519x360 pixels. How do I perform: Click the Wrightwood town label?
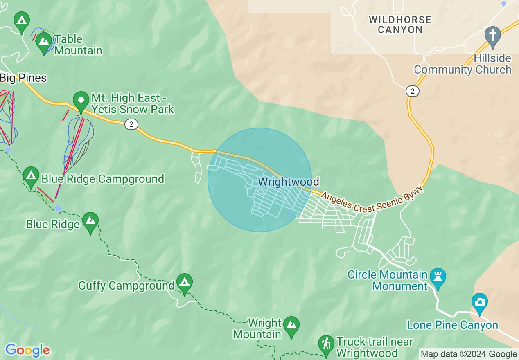click(x=288, y=181)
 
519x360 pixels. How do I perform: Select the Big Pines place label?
click(x=23, y=78)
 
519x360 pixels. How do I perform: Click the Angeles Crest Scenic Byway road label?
click(x=372, y=202)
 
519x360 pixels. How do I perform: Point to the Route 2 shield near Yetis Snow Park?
click(x=131, y=124)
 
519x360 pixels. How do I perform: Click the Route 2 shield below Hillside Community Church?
click(x=413, y=91)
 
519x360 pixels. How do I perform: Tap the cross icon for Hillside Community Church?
click(x=492, y=35)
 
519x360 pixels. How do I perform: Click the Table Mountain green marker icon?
click(x=43, y=41)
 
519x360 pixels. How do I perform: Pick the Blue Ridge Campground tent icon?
click(x=31, y=176)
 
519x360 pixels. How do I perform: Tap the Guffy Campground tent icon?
click(x=185, y=282)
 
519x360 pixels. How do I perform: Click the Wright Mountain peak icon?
click(x=291, y=326)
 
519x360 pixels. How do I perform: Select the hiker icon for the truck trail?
click(x=326, y=344)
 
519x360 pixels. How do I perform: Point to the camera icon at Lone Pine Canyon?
click(x=479, y=302)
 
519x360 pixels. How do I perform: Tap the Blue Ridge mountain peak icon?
click(x=90, y=221)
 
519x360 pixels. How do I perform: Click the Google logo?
click(x=27, y=350)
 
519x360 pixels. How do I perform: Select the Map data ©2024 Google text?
click(x=469, y=354)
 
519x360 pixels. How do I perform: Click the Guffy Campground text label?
click(x=126, y=286)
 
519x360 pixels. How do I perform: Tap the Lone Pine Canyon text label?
click(x=452, y=325)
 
